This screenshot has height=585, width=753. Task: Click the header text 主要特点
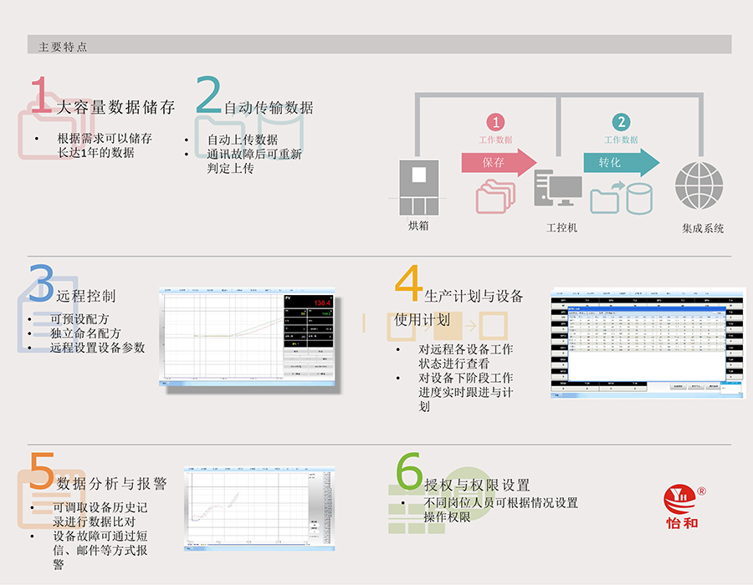click(63, 47)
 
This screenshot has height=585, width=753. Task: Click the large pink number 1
click(41, 95)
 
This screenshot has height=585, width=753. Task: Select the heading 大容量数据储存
click(115, 107)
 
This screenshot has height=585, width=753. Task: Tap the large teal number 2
click(208, 95)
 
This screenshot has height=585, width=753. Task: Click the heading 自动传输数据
click(269, 108)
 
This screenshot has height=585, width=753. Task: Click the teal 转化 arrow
click(620, 162)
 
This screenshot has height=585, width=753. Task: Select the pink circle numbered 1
click(496, 123)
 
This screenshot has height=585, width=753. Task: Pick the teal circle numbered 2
click(621, 123)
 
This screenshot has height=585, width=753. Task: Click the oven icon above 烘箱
click(417, 188)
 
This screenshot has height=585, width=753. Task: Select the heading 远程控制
click(86, 296)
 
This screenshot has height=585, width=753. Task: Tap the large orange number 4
click(408, 283)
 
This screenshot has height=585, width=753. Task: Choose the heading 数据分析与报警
click(111, 483)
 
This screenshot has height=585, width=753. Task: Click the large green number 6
click(409, 472)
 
